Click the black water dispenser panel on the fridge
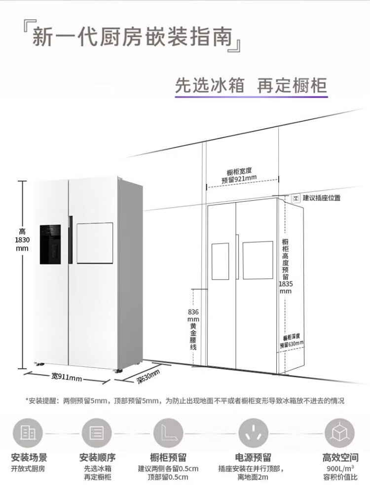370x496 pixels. [x=50, y=245]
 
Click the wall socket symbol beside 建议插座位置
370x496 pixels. [x=296, y=198]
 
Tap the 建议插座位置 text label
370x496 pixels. [x=321, y=198]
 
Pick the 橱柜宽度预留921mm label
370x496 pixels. [x=239, y=175]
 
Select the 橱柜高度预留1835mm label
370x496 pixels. [x=286, y=266]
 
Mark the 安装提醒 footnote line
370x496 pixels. [x=185, y=401]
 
